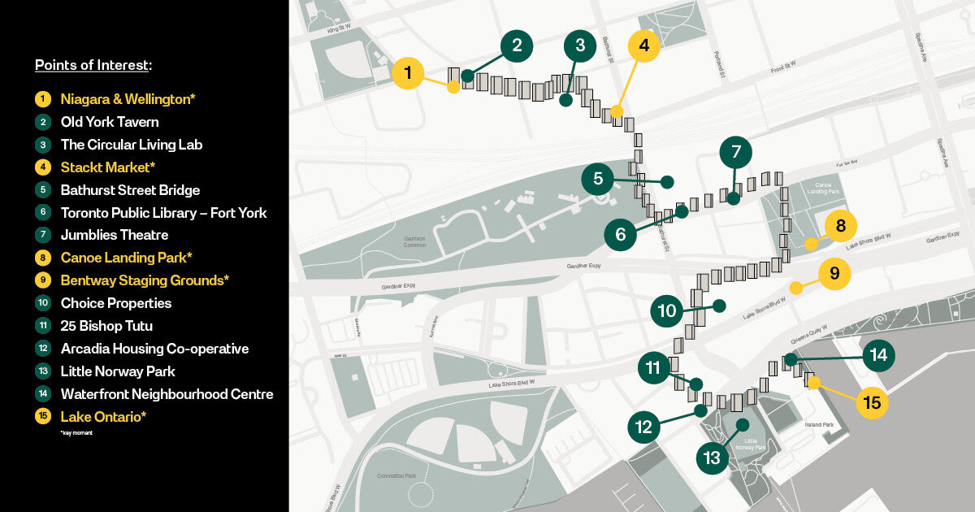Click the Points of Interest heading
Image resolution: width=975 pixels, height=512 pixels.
pyautogui.click(x=93, y=65)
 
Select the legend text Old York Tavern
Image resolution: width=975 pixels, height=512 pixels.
pyautogui.click(x=110, y=122)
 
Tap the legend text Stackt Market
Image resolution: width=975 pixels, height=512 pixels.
pyautogui.click(x=108, y=167)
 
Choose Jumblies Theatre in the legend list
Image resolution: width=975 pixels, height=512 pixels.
pyautogui.click(x=115, y=235)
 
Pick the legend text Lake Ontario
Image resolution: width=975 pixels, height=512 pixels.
pyautogui.click(x=103, y=417)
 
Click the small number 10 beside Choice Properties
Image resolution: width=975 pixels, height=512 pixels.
pyautogui.click(x=42, y=303)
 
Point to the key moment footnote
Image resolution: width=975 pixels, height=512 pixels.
pyautogui.click(x=76, y=433)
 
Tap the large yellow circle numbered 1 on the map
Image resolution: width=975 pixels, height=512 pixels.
pyautogui.click(x=408, y=73)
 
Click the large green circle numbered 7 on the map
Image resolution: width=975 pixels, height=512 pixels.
pyautogui.click(x=736, y=151)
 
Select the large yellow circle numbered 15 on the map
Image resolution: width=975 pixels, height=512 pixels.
pyautogui.click(x=872, y=402)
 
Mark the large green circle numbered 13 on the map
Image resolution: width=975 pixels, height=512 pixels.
pyautogui.click(x=713, y=458)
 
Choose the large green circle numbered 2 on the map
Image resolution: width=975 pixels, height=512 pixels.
pyautogui.click(x=517, y=46)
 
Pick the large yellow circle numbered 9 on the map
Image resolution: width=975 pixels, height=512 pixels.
pyautogui.click(x=834, y=273)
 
